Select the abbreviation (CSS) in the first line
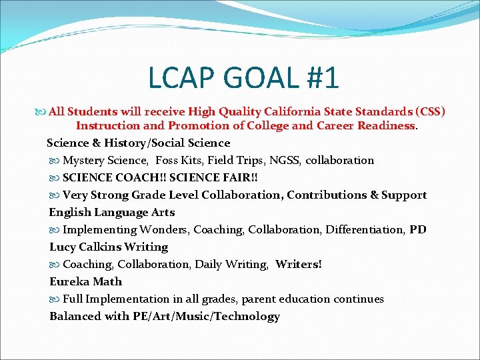pyautogui.click(x=431, y=111)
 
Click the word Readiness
pyautogui.click(x=385, y=125)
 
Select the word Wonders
pyautogui.click(x=164, y=229)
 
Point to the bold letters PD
pyautogui.click(x=418, y=229)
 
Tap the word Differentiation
pyautogui.click(x=362, y=229)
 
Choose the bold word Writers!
pyautogui.click(x=298, y=264)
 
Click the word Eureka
pyautogui.click(x=68, y=281)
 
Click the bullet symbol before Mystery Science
pyautogui.click(x=54, y=161)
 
